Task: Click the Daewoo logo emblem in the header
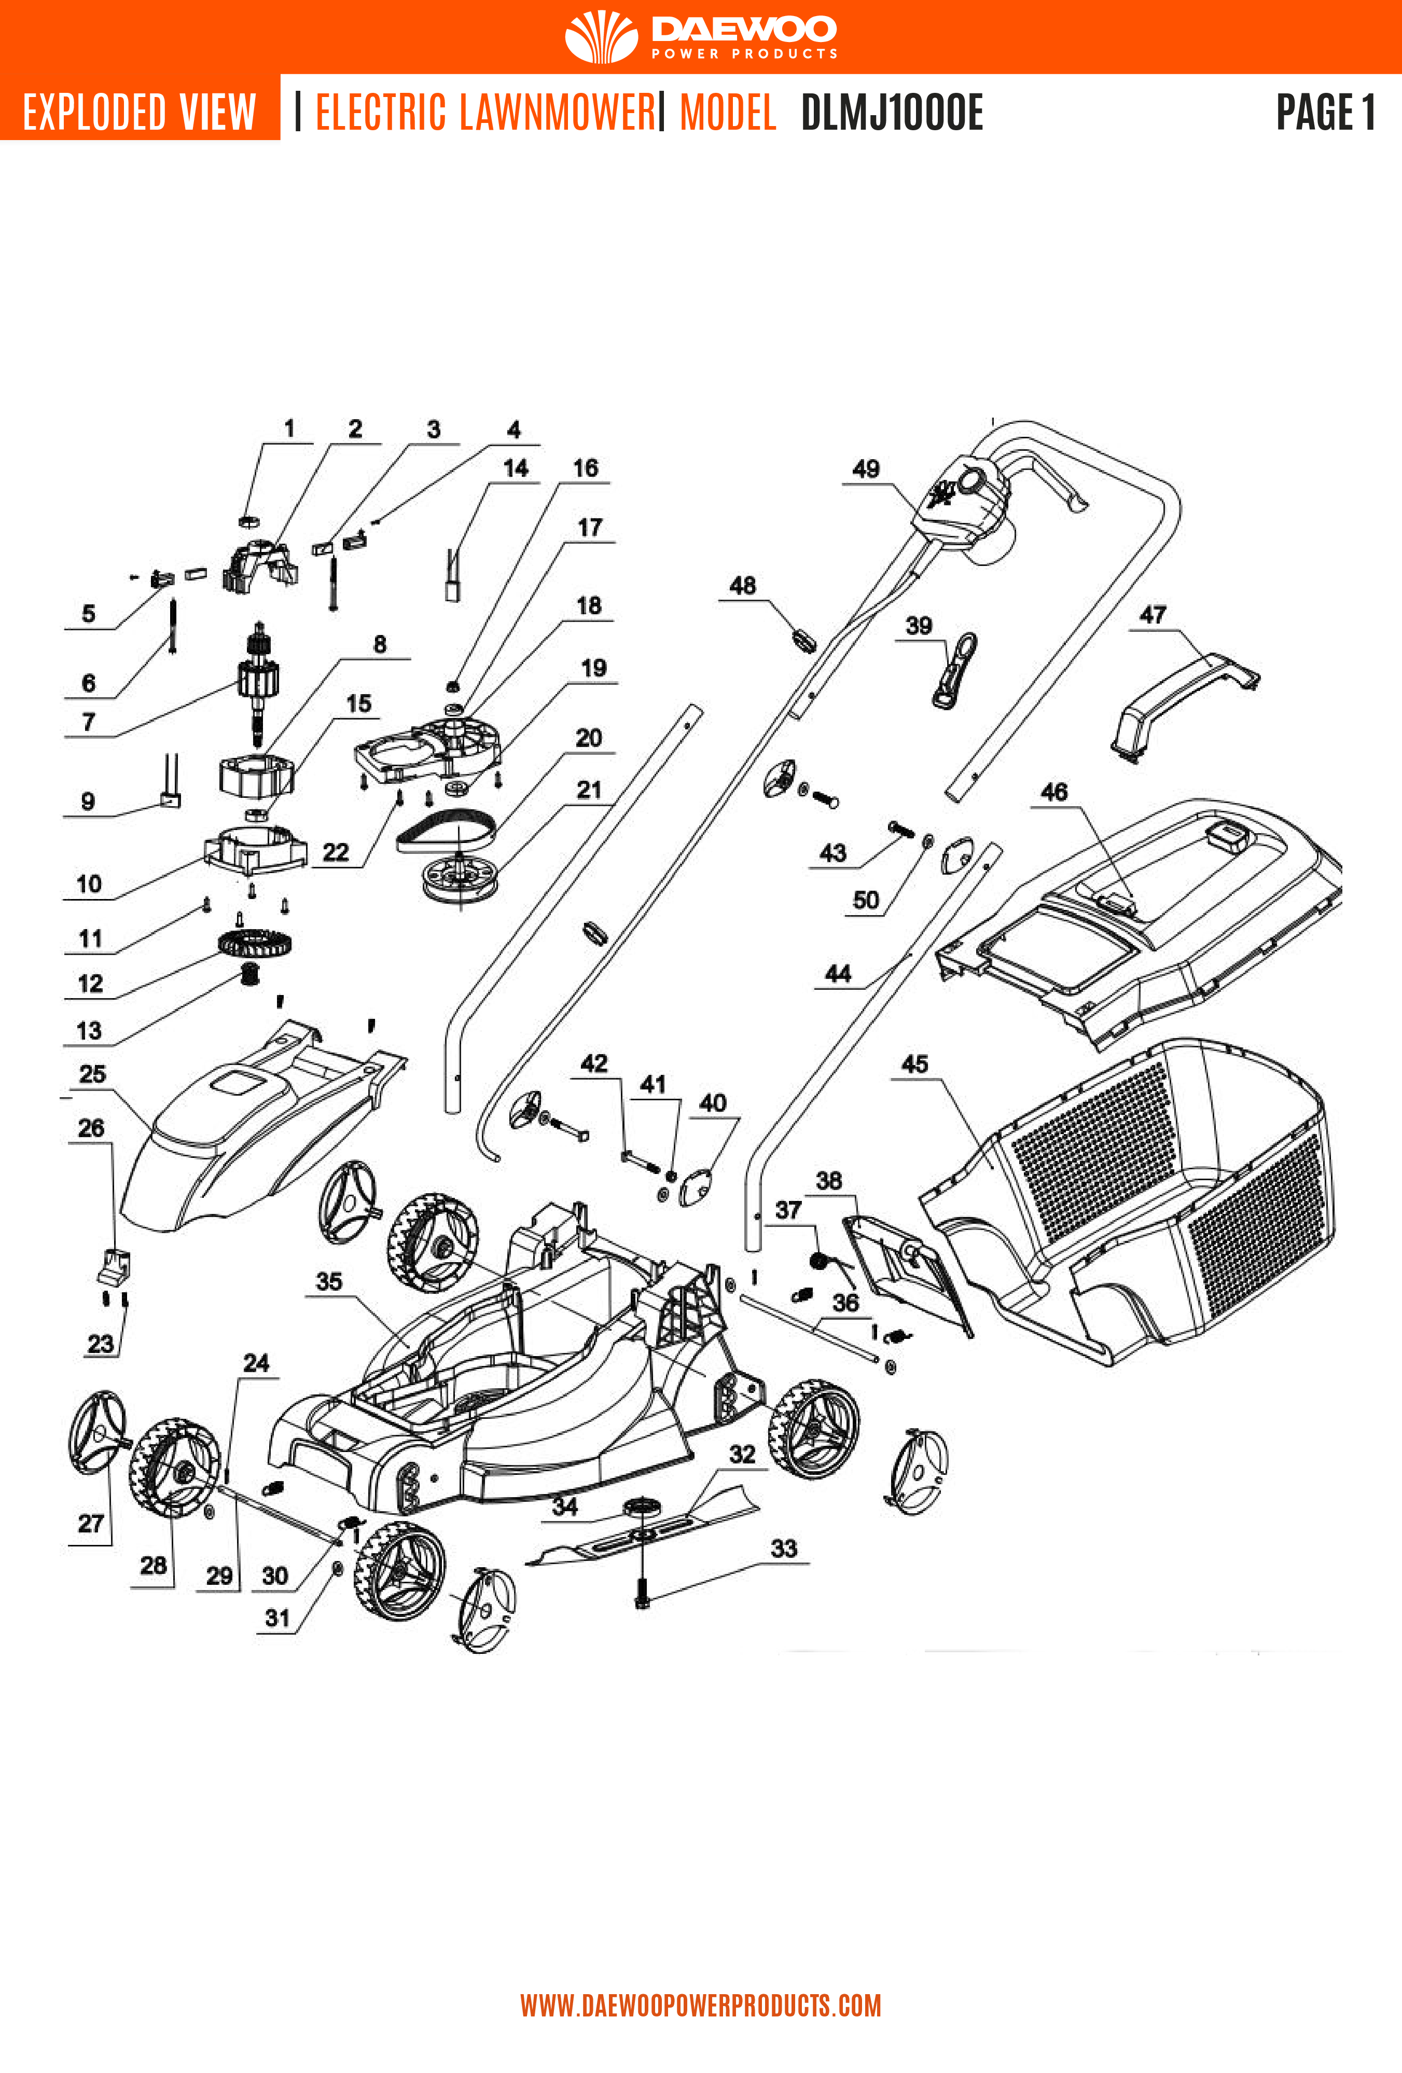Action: pos(601,36)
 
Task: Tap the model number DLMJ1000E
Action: pos(891,113)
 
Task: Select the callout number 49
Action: pos(865,469)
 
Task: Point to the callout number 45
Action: pos(914,1064)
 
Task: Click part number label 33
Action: pos(783,1549)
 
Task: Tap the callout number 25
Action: pos(92,1074)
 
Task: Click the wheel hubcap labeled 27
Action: pos(96,1432)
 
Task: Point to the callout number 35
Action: pos(329,1282)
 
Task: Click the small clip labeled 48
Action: pos(803,639)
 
